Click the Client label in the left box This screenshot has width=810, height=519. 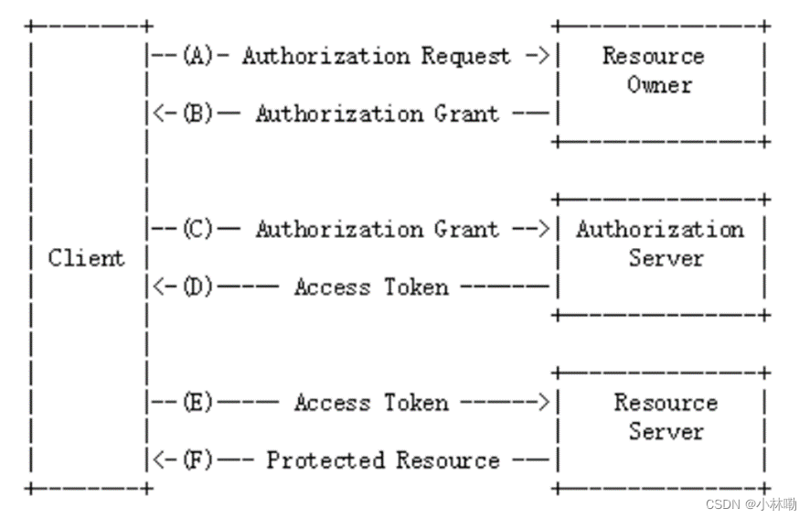tap(86, 258)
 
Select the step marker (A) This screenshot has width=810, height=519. tap(197, 56)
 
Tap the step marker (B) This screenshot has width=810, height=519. tap(197, 114)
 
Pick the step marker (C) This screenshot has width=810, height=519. tap(197, 229)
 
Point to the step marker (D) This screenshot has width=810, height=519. tap(197, 287)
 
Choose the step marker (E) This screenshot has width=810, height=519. tap(197, 402)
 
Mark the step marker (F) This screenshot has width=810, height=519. tap(197, 460)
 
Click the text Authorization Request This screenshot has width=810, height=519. tap(376, 56)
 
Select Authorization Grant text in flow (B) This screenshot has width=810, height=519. tap(377, 114)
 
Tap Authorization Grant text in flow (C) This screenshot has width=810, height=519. tap(377, 229)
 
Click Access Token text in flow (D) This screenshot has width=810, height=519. tap(371, 287)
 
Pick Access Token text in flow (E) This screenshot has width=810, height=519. tap(371, 402)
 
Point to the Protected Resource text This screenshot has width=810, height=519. tap(382, 460)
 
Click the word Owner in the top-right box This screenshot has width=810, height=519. tap(659, 85)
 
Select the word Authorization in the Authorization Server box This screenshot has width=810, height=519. tap(659, 229)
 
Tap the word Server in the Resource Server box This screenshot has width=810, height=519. tap(665, 431)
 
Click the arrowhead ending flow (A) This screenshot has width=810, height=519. tap(543, 56)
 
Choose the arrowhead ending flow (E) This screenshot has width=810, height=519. tap(543, 402)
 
